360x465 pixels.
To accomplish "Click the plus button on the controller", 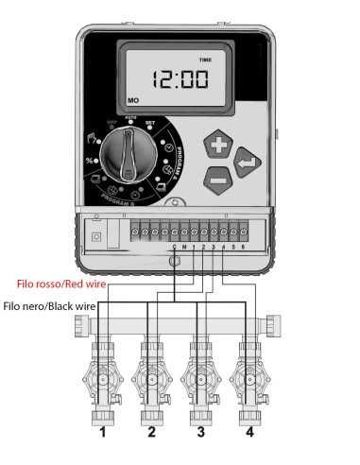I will (218, 146).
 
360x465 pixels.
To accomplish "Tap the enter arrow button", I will (244, 162).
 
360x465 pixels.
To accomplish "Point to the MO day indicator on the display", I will (131, 98).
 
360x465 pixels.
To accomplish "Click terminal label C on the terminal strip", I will (175, 247).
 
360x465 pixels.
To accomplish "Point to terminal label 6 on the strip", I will (245, 247).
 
